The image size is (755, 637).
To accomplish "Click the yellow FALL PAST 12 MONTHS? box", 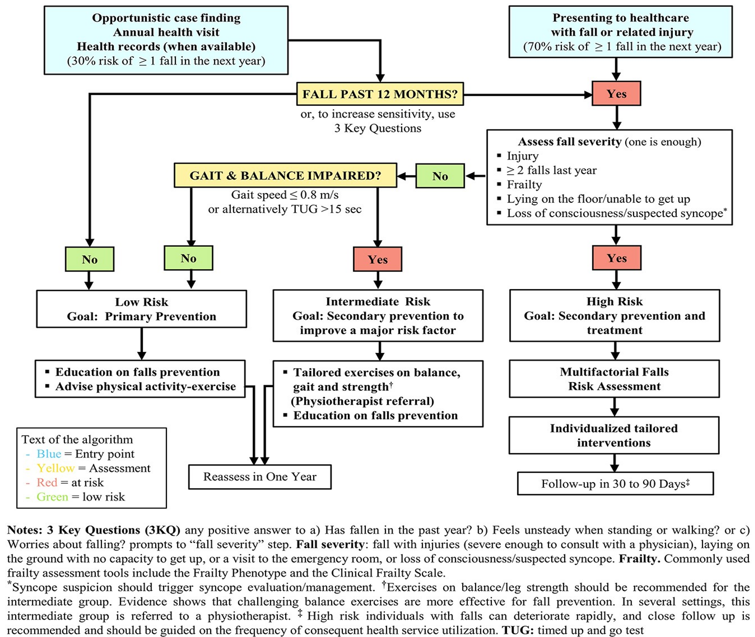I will (379, 94).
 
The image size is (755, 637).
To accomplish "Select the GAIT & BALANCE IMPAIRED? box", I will (285, 176).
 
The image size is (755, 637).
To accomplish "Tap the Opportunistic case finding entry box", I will (166, 40).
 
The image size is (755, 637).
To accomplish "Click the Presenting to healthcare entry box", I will (620, 32).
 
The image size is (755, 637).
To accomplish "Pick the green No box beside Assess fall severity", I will (440, 176).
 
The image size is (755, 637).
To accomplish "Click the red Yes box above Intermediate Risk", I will (377, 259).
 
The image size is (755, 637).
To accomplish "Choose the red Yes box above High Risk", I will (616, 258).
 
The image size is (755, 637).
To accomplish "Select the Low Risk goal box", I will (141, 309).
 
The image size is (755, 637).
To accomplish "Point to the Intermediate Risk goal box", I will (377, 315).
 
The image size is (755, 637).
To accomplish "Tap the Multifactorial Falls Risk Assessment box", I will (614, 379).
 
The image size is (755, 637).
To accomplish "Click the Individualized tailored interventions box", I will (614, 435).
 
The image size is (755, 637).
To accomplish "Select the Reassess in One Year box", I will (260, 477).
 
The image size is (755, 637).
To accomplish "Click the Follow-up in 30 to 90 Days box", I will (615, 484).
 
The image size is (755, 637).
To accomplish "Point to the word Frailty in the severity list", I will (524, 185).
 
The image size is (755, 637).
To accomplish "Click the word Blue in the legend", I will (49, 454).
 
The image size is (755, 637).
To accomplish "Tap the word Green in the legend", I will (52, 497).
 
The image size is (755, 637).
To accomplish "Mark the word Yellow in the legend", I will (55, 468).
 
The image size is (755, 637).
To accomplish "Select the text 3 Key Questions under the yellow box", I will (377, 128).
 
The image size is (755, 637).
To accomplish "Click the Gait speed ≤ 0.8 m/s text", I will (285, 195).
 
